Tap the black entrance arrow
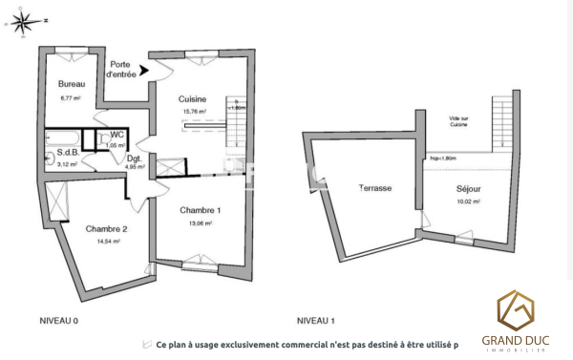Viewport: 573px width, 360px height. pyautogui.click(x=144, y=70)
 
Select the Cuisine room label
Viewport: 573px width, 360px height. pyautogui.click(x=195, y=98)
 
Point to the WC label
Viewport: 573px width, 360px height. pyautogui.click(x=115, y=136)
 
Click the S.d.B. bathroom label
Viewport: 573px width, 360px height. pyautogui.click(x=66, y=153)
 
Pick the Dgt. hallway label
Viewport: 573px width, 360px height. pyautogui.click(x=134, y=158)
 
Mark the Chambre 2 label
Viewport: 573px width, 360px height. pyautogui.click(x=106, y=228)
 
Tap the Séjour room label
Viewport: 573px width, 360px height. pyautogui.click(x=467, y=189)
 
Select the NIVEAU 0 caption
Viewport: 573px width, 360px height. pyautogui.click(x=58, y=320)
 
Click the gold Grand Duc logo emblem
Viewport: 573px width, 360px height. pyautogui.click(x=520, y=310)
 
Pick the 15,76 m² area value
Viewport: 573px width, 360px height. pyautogui.click(x=195, y=111)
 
